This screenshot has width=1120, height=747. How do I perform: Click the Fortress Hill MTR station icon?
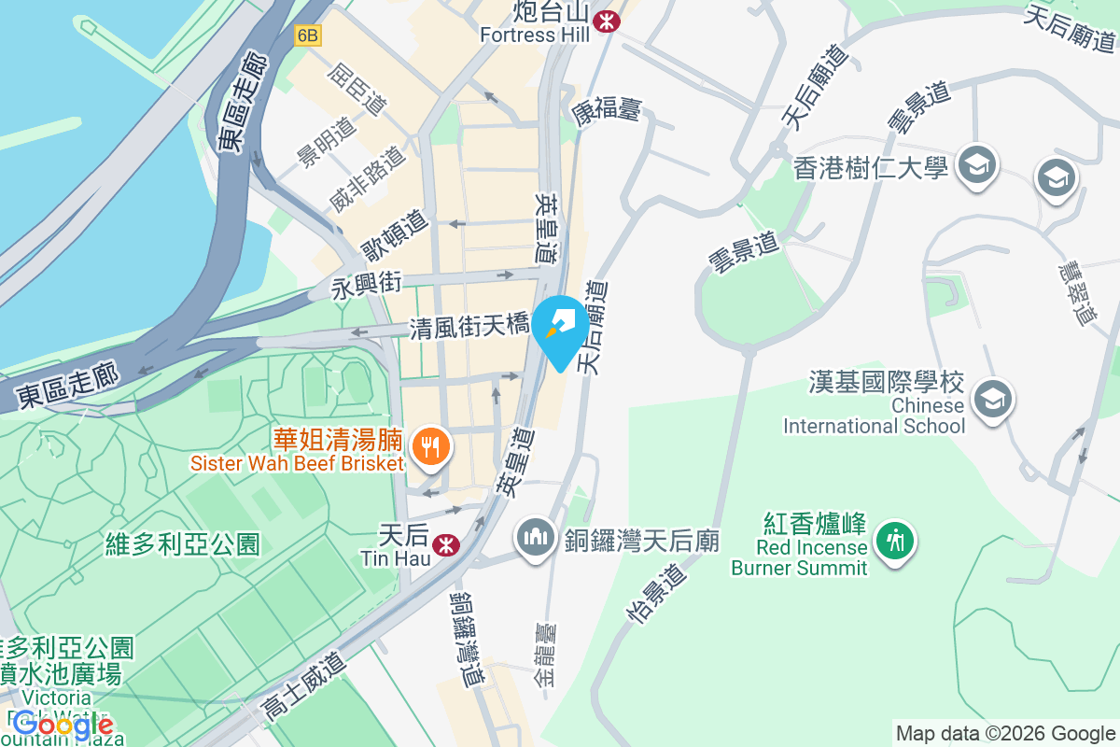click(608, 20)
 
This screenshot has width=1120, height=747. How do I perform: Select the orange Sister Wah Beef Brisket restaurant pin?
click(430, 446)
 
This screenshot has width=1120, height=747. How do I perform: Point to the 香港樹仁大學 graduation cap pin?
click(976, 166)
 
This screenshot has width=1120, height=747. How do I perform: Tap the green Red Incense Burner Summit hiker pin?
click(896, 540)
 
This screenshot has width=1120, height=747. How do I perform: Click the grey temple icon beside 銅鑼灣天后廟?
click(535, 540)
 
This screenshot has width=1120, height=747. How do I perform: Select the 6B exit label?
click(307, 35)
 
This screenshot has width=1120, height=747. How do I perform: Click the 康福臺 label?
click(606, 111)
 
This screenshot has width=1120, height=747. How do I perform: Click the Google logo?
click(63, 725)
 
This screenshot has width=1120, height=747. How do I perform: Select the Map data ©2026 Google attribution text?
click(1005, 734)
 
